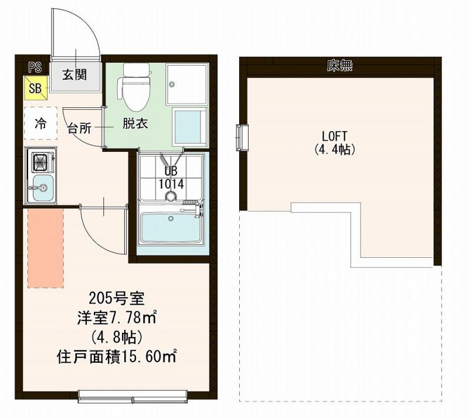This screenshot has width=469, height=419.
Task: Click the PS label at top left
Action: tap(35, 66)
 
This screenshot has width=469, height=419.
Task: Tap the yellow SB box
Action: tap(35, 88)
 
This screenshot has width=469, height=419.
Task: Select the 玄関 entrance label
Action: tap(75, 74)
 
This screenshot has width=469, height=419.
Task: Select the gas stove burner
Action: tap(42, 160)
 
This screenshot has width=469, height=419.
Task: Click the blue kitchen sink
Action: tap(42, 188)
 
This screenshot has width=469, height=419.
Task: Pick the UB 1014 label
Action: tap(171, 178)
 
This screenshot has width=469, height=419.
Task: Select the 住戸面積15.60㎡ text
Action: tap(117, 356)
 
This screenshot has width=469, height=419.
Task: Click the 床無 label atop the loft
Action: tap(339, 66)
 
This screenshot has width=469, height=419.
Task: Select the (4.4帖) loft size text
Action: tap(332, 149)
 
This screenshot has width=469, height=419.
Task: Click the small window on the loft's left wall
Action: tap(242, 138)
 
